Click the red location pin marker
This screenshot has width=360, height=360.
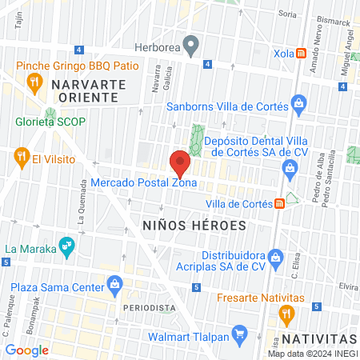(181, 162)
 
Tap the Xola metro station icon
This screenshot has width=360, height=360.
(301, 54)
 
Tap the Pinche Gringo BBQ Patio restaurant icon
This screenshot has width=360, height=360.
(34, 80)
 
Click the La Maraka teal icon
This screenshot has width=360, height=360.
(67, 247)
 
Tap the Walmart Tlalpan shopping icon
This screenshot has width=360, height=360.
(238, 332)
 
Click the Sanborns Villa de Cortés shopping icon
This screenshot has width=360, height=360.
(298, 102)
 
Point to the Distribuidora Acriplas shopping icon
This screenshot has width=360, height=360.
(276, 258)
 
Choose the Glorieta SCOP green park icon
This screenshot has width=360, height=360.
(50, 114)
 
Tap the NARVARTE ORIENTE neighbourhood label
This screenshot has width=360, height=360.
(83, 90)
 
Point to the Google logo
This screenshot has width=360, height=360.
(27, 350)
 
